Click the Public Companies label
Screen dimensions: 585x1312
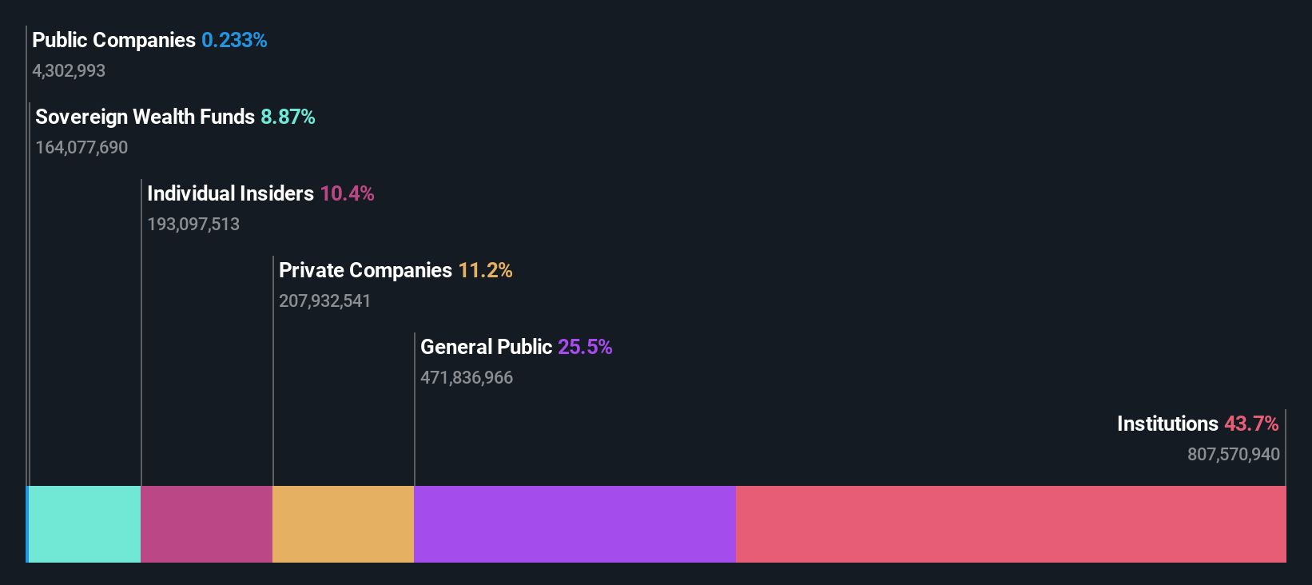113,40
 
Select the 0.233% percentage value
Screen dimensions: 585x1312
234,40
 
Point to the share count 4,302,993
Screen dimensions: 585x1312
69,70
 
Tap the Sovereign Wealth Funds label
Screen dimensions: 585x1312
145,117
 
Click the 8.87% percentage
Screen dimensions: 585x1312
288,117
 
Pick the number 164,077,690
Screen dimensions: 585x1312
82,147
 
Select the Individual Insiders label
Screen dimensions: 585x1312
230,193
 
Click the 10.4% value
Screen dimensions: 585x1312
347,193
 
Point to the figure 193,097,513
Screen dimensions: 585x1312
193,224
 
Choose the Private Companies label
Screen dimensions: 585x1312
365,270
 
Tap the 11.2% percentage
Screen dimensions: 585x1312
485,270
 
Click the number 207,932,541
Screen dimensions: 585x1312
324,300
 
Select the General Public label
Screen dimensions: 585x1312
486,347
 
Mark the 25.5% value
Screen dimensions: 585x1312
585,347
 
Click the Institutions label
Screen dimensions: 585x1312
1167,424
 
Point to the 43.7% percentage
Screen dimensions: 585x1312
1251,424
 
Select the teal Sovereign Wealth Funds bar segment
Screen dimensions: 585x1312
85,524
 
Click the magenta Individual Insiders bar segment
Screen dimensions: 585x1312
206,524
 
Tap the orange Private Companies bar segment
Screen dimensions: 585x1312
343,524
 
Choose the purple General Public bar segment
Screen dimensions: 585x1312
574,524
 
